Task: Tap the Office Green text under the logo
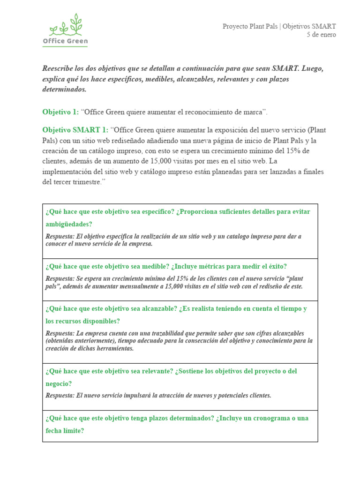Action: tap(65, 41)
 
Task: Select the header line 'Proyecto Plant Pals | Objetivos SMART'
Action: tap(279, 26)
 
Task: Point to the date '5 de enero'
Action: tap(321, 35)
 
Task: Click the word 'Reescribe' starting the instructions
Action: tap(59, 68)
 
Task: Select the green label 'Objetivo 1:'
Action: tap(61, 112)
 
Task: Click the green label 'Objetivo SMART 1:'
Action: tap(75, 130)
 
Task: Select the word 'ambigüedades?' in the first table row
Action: tap(69, 224)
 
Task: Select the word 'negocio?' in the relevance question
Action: tap(59, 383)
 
